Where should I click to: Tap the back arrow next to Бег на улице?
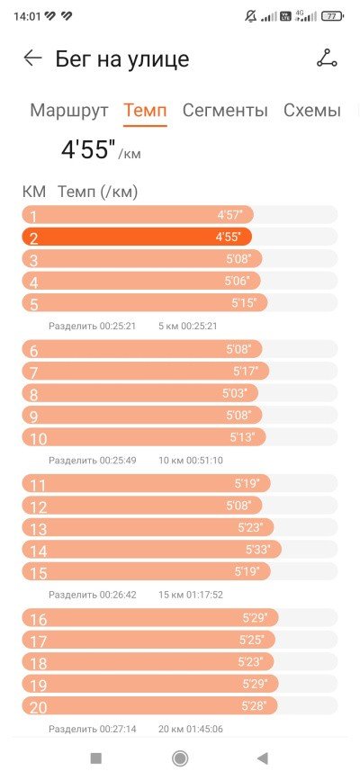33,58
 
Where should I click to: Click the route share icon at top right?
327,58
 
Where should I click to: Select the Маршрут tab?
68,111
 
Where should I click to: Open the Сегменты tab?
225,111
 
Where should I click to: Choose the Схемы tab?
312,111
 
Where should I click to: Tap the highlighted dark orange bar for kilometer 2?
137,237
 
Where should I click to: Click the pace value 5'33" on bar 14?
258,550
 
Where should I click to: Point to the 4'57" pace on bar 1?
229,215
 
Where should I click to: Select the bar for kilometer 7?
146,371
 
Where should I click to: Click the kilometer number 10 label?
39,439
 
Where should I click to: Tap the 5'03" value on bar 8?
235,393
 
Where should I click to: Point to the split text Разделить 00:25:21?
92,327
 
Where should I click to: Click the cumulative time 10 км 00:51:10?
191,461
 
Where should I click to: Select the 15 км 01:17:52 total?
191,595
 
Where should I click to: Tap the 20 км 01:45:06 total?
191,730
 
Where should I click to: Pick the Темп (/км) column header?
97,192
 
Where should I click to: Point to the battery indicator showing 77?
332,16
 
